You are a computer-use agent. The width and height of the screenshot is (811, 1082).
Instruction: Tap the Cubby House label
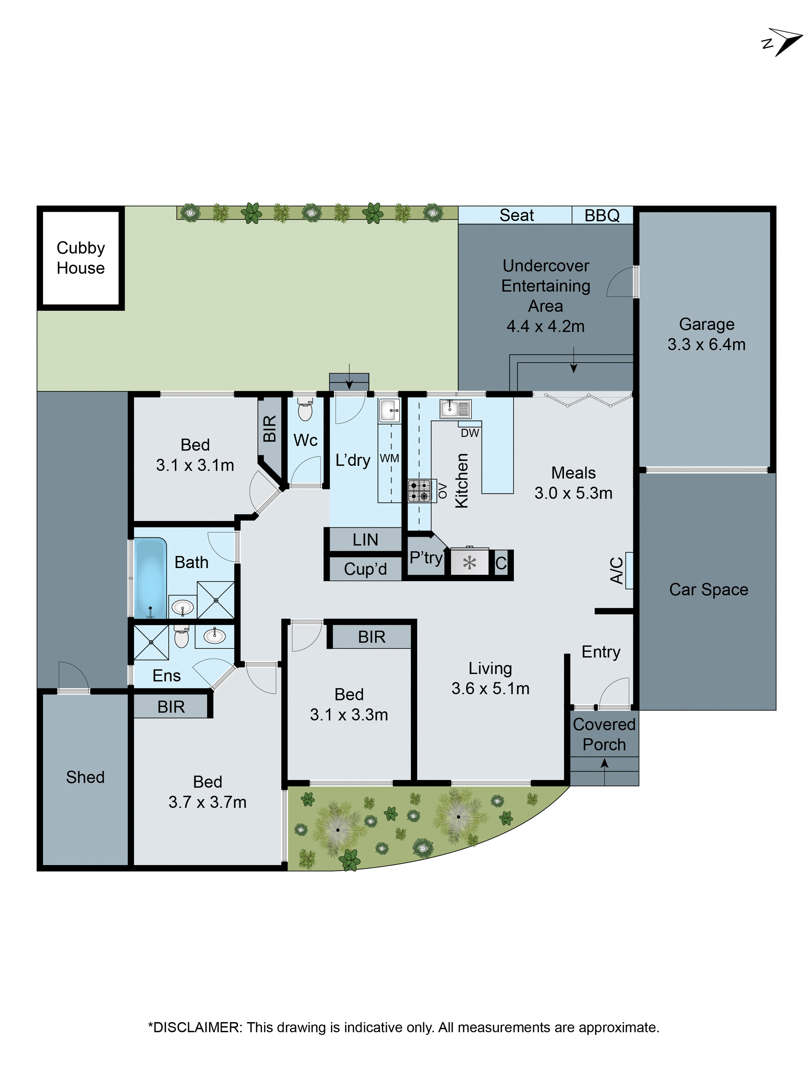tap(81, 258)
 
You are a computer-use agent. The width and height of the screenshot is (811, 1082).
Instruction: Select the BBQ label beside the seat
tap(602, 215)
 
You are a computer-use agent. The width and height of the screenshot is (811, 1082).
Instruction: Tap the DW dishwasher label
tap(469, 433)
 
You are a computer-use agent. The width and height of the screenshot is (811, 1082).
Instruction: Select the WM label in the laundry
tap(389, 458)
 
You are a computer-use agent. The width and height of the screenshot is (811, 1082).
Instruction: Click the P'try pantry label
tap(426, 557)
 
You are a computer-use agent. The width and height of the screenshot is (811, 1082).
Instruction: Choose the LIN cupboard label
tap(365, 540)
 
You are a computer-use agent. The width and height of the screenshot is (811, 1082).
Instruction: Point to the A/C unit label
tap(616, 570)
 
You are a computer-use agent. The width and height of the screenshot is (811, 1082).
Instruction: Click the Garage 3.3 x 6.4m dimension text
tap(706, 344)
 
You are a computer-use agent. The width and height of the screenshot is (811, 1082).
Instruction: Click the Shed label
tap(85, 777)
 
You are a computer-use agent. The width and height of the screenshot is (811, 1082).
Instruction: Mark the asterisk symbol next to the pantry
tap(469, 563)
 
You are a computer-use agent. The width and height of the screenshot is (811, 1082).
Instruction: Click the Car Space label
tap(708, 589)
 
